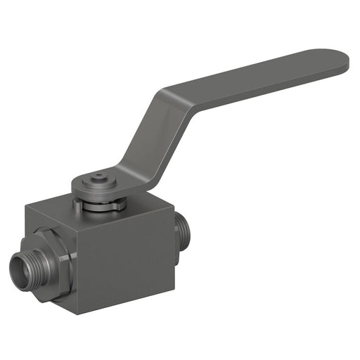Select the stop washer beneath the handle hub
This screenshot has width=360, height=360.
coord(101,205)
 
